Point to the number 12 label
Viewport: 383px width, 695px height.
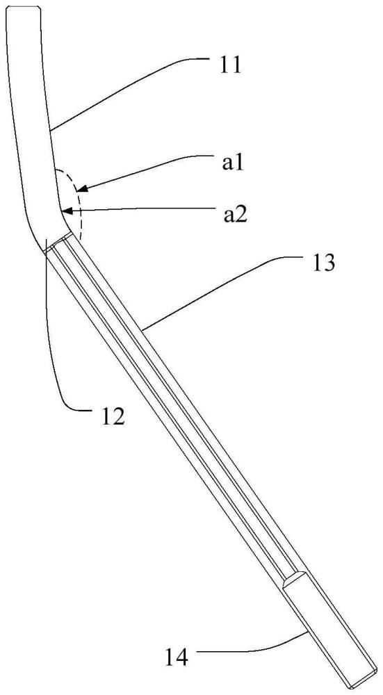coord(111,417)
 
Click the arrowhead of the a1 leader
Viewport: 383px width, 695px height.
coord(83,190)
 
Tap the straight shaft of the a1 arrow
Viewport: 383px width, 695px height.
coord(149,172)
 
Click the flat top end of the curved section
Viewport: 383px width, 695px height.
coord(23,7)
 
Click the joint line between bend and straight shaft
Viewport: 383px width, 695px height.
coord(58,242)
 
